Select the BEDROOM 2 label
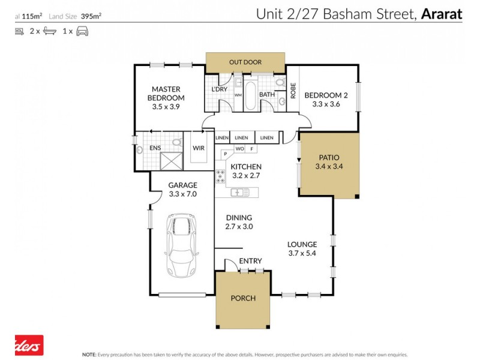coord(326,95)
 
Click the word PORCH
coord(243,298)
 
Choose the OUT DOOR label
coord(245,62)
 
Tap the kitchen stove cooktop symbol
coord(220,176)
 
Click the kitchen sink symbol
coord(241,193)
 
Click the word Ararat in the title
coord(441,13)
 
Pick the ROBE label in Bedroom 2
coord(293,91)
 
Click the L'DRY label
coord(219,89)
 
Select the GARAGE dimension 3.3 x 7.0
coord(183,194)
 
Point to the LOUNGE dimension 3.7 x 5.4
coord(301,253)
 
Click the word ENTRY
coord(250,261)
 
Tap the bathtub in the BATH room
coord(251,96)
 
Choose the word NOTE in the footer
coord(89,355)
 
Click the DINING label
coord(239,218)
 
